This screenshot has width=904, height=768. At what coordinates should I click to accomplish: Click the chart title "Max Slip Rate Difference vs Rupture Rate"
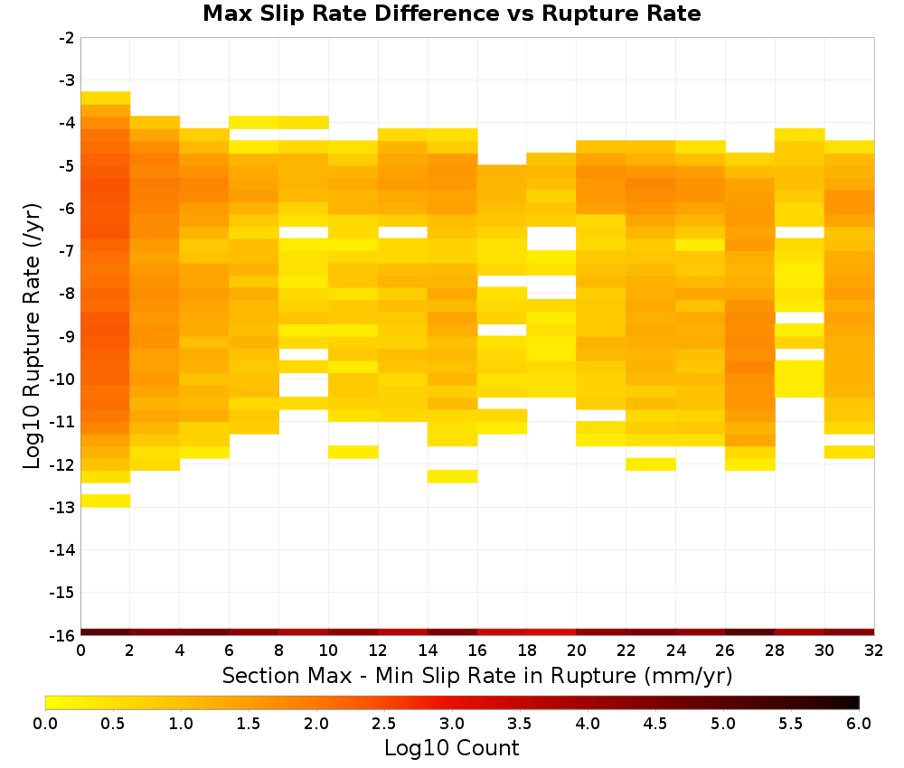(x=451, y=14)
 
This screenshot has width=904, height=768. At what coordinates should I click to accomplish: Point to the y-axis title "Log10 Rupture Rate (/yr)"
(x=32, y=336)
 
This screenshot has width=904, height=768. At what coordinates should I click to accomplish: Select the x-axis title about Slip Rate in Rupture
(x=476, y=676)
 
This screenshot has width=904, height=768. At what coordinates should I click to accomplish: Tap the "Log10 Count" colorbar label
(x=451, y=748)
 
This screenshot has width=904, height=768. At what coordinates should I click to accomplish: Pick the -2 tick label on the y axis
(x=66, y=38)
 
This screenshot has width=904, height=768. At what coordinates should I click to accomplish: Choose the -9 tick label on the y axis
(x=66, y=336)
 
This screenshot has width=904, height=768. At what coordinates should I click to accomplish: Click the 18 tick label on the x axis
(x=527, y=651)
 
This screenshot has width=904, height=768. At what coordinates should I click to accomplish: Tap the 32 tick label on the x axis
(x=873, y=651)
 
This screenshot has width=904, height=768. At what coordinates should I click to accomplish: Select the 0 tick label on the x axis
(x=80, y=651)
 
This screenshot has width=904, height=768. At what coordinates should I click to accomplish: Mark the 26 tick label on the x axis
(x=725, y=651)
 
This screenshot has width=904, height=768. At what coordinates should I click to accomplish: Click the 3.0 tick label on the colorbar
(x=451, y=724)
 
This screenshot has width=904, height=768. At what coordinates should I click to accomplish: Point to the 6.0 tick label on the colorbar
(x=859, y=724)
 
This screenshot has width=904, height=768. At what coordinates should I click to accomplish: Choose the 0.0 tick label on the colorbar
(x=45, y=724)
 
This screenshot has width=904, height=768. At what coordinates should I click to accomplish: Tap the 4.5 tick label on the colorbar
(x=654, y=724)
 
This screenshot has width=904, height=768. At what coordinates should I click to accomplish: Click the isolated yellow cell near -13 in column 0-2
(x=106, y=501)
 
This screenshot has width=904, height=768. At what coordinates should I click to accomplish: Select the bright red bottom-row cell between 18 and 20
(x=551, y=632)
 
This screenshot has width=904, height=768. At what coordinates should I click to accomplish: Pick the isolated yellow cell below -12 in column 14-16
(x=453, y=476)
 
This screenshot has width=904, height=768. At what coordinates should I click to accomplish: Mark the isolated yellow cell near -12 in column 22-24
(x=651, y=464)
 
